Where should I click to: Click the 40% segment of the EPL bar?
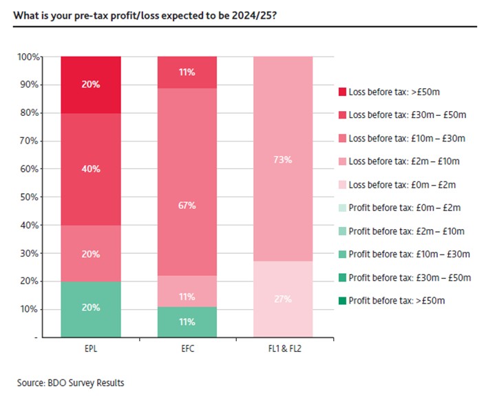coord(91,168)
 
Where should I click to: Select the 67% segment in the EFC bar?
coord(187,205)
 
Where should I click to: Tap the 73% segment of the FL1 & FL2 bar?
coord(283,159)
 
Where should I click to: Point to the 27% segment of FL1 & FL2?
coord(283,299)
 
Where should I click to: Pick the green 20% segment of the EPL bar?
coord(91,308)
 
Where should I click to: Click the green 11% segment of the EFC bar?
coord(187,321)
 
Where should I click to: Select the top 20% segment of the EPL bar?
coord(91,84)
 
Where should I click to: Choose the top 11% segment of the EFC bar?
coord(187,72)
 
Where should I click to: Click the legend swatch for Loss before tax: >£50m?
coord(342,91)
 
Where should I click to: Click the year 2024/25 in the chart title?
coord(254,14)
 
